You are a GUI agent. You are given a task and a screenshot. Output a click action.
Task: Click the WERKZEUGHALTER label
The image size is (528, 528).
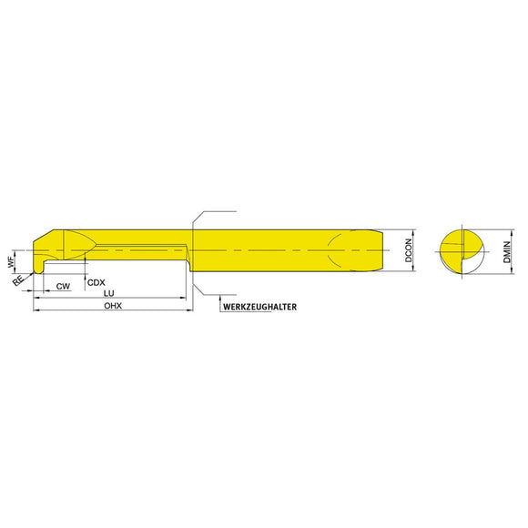click(x=259, y=307)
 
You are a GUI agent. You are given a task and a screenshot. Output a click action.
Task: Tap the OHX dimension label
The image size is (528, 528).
click(x=113, y=306)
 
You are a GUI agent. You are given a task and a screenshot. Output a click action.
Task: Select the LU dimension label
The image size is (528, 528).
click(x=108, y=293)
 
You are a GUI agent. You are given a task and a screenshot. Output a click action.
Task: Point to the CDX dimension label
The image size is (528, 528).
click(x=96, y=282)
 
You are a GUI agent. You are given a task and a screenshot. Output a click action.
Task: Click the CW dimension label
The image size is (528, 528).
click(x=63, y=286)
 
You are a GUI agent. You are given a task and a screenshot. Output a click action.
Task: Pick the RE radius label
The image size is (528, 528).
click(x=18, y=280)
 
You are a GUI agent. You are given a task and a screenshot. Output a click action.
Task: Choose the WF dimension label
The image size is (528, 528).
click(x=12, y=261)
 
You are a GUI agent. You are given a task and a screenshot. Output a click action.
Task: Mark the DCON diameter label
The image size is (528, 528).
click(x=408, y=250)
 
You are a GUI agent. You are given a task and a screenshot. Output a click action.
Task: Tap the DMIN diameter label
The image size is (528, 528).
click(x=506, y=252)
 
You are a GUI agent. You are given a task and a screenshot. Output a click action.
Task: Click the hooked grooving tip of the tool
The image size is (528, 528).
click(x=38, y=268)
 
